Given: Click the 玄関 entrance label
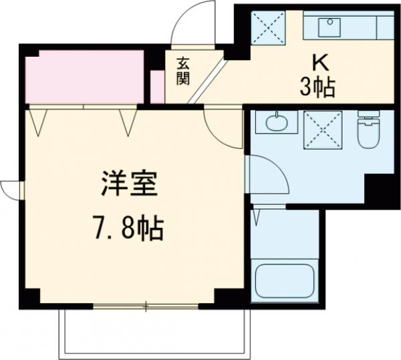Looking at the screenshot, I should point(183,71).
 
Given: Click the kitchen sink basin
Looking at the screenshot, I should point(329,27).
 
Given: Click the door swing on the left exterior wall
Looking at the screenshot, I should point(9,188).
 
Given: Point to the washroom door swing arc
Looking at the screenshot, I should point(269,175).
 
